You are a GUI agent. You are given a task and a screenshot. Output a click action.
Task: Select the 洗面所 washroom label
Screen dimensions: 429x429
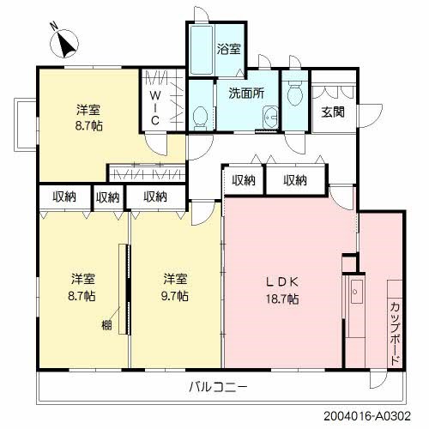coord(246,94)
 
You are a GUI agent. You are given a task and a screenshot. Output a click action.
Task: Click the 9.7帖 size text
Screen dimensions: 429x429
coord(176,297)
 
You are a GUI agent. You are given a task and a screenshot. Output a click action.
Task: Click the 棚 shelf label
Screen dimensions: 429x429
coord(106,324)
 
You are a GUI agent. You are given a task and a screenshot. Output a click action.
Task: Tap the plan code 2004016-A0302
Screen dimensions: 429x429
coord(375,418)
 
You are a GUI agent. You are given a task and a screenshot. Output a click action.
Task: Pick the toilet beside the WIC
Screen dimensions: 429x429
coord(200,117)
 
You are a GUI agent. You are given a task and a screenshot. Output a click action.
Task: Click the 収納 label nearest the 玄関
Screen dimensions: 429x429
coord(295,180)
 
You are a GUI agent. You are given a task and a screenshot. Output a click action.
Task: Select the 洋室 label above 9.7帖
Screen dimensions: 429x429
coord(176,280)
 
